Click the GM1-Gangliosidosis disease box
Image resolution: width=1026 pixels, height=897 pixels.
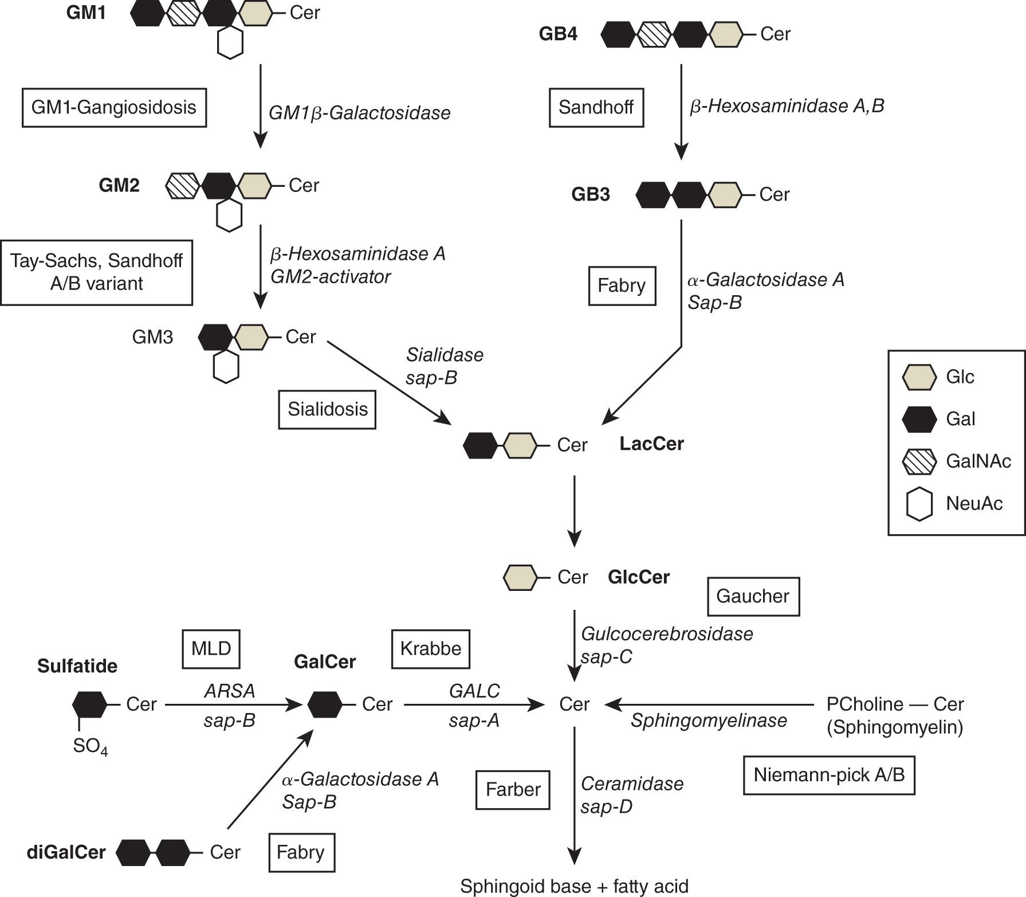(x=114, y=107)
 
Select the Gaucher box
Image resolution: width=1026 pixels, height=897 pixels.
(x=753, y=597)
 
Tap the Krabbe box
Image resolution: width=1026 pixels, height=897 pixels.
(x=430, y=649)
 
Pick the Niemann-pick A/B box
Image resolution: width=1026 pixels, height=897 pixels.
(x=828, y=775)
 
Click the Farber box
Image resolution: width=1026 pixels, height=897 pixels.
(x=513, y=790)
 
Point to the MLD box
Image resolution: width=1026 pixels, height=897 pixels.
(x=211, y=649)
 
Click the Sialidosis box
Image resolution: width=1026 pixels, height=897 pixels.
(x=327, y=409)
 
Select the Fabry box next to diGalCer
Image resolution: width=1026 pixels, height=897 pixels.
(x=301, y=852)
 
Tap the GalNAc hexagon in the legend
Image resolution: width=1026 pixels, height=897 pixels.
(x=919, y=461)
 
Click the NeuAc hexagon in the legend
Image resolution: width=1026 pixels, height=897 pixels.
(x=919, y=504)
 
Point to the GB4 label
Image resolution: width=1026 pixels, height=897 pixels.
(x=558, y=34)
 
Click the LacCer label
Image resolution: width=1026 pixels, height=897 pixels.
(x=651, y=444)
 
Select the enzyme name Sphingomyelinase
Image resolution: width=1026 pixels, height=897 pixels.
(x=709, y=720)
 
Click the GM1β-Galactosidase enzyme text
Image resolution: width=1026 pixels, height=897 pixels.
(x=359, y=113)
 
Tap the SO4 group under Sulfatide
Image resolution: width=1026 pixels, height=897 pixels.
(x=90, y=746)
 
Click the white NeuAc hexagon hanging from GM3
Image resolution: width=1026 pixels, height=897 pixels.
(x=226, y=367)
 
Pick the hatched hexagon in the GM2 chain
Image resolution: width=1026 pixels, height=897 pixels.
(x=183, y=186)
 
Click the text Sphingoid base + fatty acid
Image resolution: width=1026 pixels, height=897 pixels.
(x=574, y=886)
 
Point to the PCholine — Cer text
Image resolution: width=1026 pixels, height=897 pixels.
(x=895, y=704)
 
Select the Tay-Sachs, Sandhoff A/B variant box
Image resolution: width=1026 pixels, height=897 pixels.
(x=96, y=272)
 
